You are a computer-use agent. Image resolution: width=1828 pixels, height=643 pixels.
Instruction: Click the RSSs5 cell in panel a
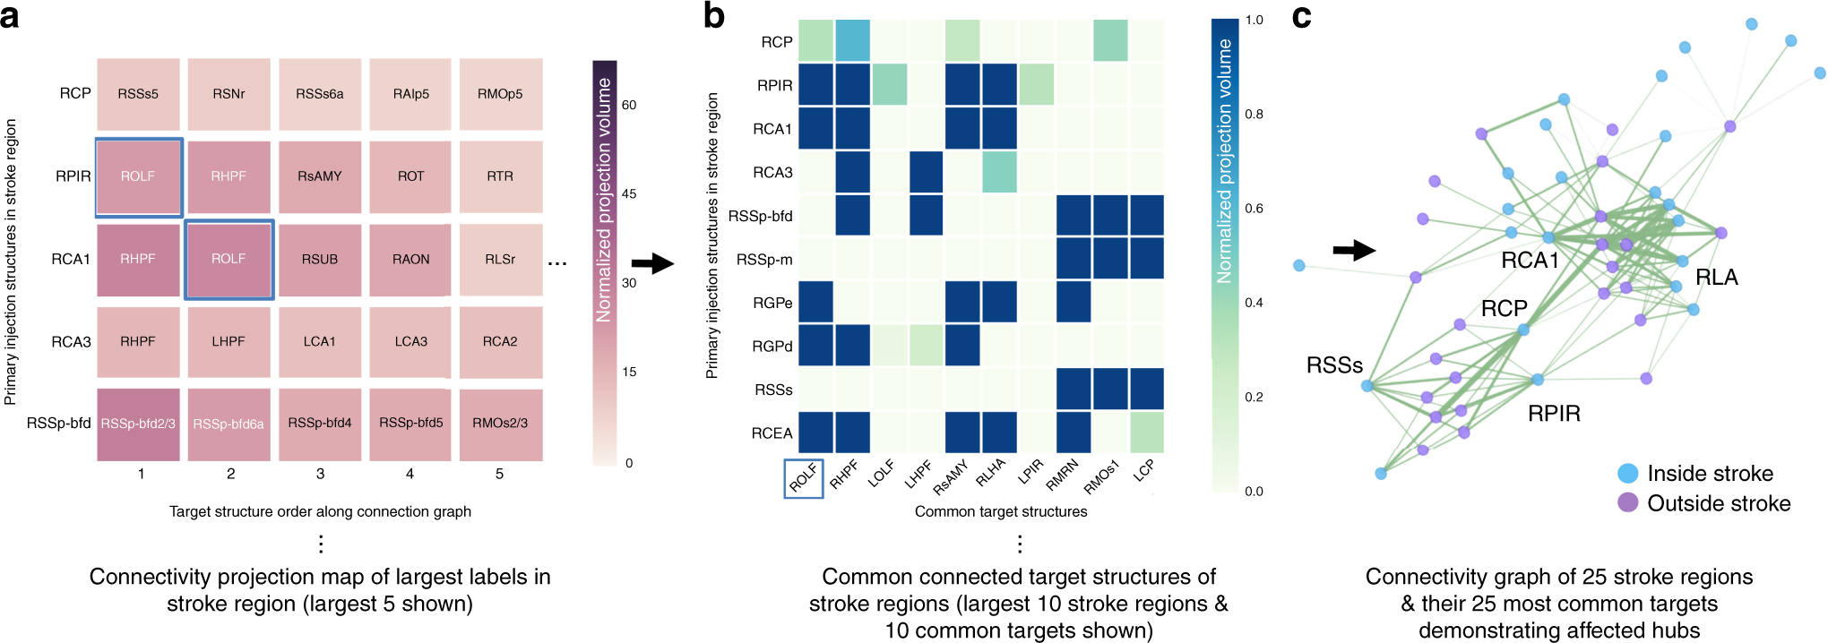tap(138, 94)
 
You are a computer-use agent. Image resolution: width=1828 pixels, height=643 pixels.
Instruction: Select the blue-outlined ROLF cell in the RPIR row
tap(138, 176)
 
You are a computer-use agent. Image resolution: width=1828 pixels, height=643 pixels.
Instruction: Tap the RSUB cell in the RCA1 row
tap(320, 259)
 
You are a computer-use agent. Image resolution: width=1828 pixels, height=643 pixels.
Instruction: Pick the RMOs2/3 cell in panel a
tap(500, 423)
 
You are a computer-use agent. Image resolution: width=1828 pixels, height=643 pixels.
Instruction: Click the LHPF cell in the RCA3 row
tap(228, 341)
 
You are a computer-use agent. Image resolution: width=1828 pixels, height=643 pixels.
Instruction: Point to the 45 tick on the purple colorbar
tap(629, 193)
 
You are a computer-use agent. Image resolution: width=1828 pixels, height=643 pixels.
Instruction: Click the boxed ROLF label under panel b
tap(803, 478)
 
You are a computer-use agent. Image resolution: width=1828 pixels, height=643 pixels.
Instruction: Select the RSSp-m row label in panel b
tap(763, 260)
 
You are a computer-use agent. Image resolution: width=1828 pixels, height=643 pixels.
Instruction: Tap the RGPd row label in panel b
tap(772, 347)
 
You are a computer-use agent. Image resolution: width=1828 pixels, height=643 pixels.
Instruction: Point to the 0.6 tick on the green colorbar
tap(1254, 209)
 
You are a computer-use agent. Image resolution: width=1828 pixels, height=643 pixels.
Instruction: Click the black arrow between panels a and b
tap(652, 263)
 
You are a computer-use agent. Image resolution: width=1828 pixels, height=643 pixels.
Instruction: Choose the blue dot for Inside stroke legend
tap(1628, 474)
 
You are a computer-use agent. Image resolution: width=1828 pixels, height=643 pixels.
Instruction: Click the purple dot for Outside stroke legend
tap(1628, 502)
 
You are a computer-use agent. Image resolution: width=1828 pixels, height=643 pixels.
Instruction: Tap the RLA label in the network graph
tap(1716, 278)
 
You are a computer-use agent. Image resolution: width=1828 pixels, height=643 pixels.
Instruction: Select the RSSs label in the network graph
tap(1334, 365)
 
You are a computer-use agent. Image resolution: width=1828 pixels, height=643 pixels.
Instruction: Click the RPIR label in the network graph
tap(1554, 414)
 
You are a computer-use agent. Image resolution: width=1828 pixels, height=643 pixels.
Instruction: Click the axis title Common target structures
tap(1001, 511)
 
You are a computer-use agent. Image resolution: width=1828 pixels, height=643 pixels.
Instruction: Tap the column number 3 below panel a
tap(320, 474)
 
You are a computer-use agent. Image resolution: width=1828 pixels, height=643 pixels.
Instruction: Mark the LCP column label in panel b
tap(1144, 471)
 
